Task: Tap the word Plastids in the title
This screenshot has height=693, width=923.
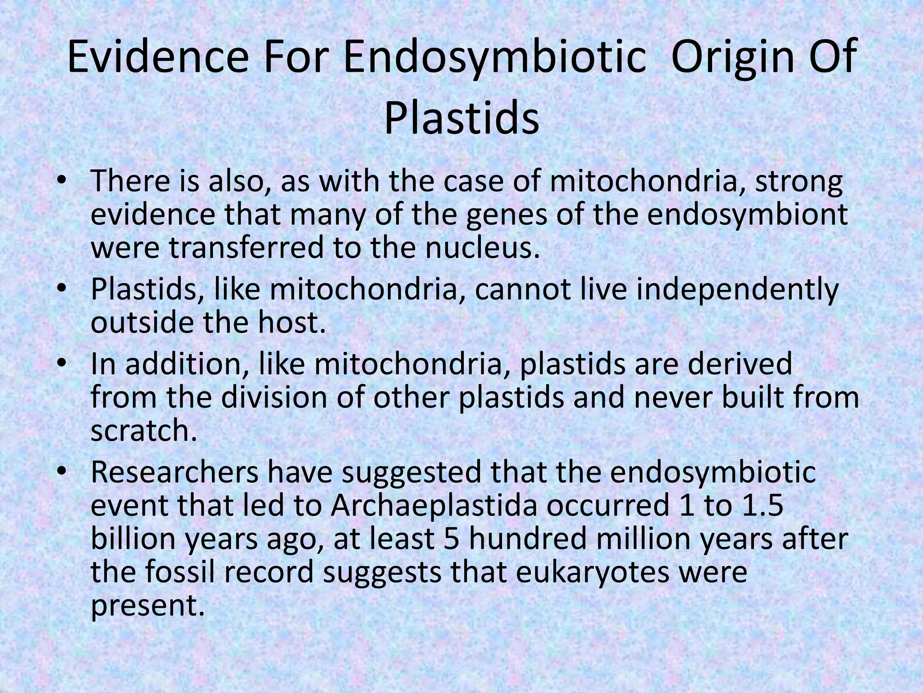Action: click(461, 119)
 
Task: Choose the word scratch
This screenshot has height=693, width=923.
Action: click(144, 431)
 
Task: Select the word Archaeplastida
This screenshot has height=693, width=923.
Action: click(434, 506)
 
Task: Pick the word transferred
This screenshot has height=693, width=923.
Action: click(246, 248)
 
